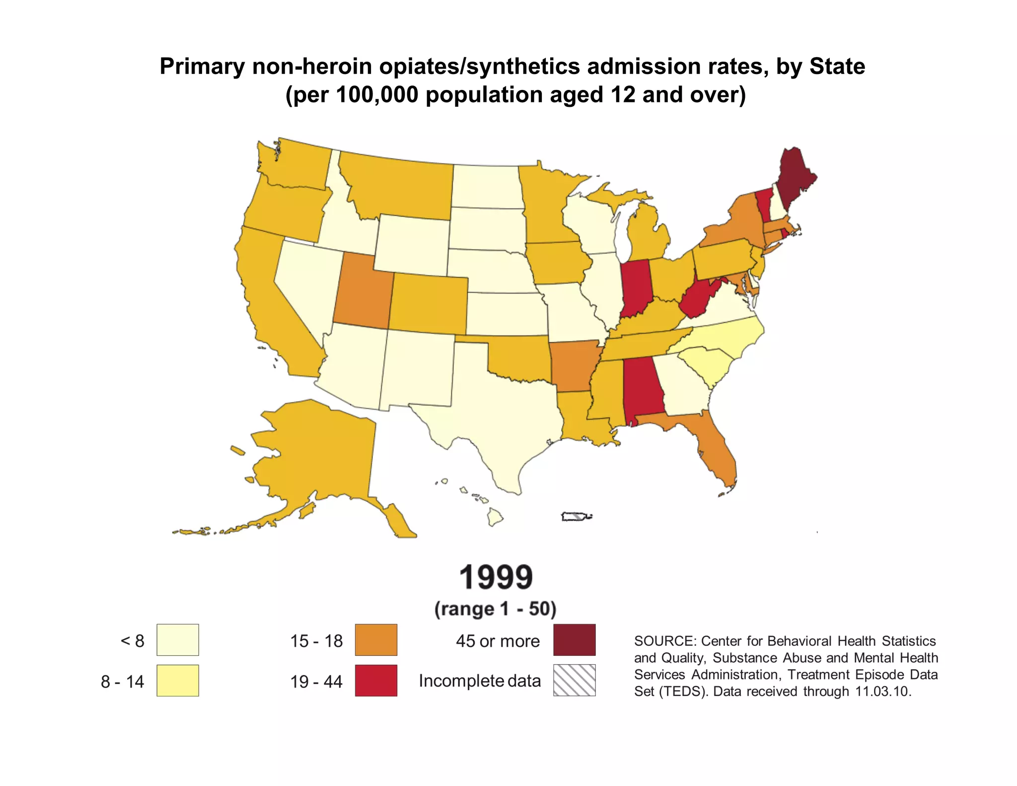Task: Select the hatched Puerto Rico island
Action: click(576, 517)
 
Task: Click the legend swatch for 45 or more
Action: click(574, 640)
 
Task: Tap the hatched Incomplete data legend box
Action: click(574, 680)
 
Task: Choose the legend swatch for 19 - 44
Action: click(376, 680)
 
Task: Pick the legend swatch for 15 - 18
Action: click(376, 640)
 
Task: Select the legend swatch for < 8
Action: click(177, 640)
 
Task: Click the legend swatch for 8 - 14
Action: click(177, 680)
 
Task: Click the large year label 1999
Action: click(496, 577)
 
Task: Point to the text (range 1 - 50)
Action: click(495, 609)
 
